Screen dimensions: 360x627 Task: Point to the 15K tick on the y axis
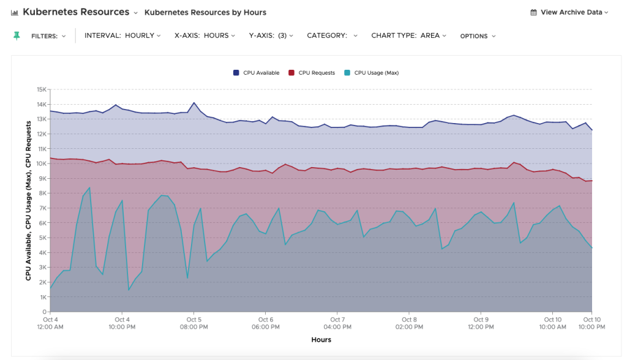click(42, 89)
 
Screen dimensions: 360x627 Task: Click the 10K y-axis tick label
click(42, 163)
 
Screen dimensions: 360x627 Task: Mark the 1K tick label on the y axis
click(43, 297)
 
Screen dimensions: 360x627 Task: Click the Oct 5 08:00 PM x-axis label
click(193, 323)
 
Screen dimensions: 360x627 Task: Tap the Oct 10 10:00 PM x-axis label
click(591, 323)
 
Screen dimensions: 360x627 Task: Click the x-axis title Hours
click(321, 340)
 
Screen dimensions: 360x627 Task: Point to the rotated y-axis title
click(29, 200)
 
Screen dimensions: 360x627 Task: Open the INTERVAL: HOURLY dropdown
click(122, 36)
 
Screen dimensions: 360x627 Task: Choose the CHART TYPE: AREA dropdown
click(408, 36)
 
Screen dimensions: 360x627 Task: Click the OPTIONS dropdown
click(478, 36)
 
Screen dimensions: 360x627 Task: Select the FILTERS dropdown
click(48, 36)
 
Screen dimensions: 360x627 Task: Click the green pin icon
click(17, 36)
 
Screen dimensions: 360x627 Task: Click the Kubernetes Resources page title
click(76, 12)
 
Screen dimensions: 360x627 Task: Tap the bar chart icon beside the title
click(14, 12)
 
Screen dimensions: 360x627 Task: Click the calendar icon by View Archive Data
click(533, 12)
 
